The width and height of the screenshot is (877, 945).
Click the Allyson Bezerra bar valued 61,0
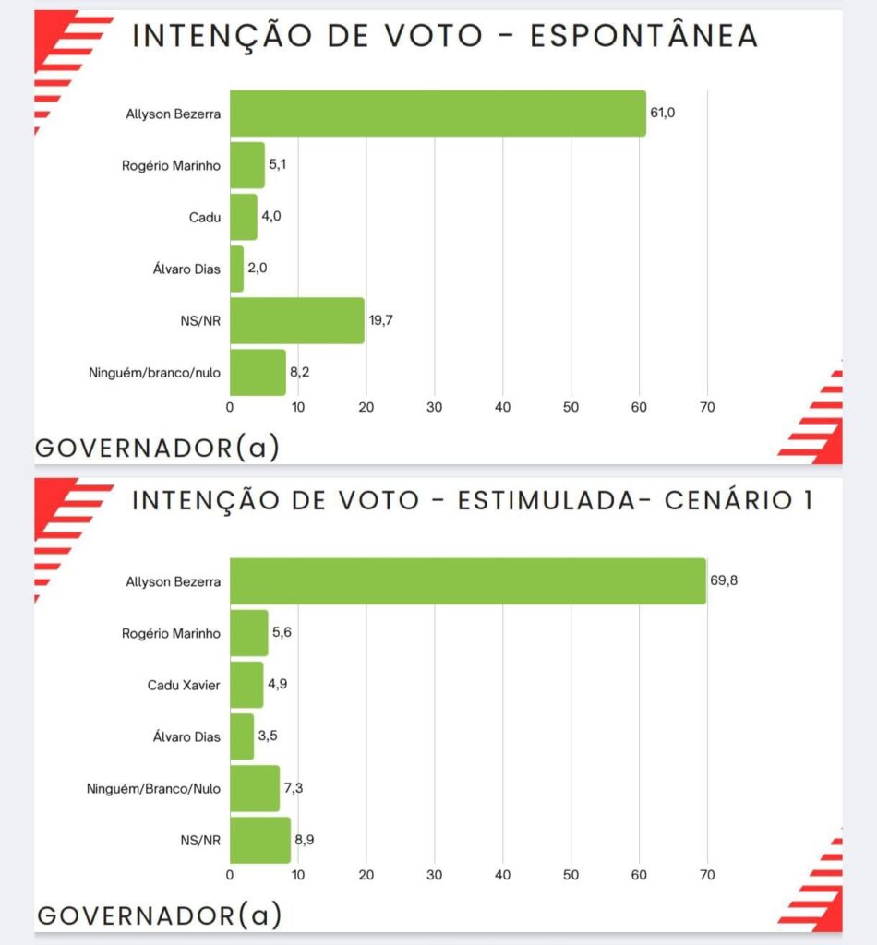(x=438, y=114)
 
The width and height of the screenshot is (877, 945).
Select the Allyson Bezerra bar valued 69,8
(x=467, y=581)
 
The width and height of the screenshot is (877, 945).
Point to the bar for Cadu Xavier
(x=246, y=685)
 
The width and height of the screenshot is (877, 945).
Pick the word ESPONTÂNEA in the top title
(x=644, y=36)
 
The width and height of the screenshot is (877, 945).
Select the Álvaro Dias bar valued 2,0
(x=236, y=269)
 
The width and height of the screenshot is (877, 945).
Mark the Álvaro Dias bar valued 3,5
(x=242, y=736)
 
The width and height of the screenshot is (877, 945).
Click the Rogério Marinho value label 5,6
(x=282, y=633)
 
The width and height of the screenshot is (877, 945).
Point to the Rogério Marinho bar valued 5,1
(x=247, y=165)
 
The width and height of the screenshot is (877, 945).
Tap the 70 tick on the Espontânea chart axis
(x=707, y=406)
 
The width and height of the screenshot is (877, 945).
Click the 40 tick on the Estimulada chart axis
(x=503, y=874)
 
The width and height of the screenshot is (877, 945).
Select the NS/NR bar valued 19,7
(x=297, y=321)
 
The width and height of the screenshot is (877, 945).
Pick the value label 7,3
(x=295, y=789)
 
